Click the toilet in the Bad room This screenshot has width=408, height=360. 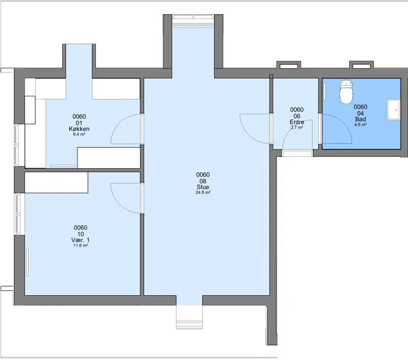pos(346,92)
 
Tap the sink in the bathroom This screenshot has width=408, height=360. pos(393,110)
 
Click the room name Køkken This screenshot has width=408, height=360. pos(79,129)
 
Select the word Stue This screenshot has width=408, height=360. pos(202,187)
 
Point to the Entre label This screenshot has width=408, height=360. pos(297,122)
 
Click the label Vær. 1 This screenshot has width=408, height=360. pos(81,240)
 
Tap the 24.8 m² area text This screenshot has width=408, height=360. pos(203,193)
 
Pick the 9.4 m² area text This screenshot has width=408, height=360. pos(79,135)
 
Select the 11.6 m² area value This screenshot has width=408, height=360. pos(81,246)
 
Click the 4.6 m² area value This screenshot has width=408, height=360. pos(361,125)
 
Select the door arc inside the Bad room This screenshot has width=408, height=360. pos(343,123)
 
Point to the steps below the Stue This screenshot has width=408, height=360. pos(189,317)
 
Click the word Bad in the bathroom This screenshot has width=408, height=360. pos(361,119)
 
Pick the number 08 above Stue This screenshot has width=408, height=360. pos(202,181)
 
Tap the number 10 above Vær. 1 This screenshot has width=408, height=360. pos(81,234)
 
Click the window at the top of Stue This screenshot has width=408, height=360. pos(193,17)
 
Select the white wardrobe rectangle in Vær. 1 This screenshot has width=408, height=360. pos(56,183)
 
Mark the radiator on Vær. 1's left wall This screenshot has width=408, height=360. pos(27,262)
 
